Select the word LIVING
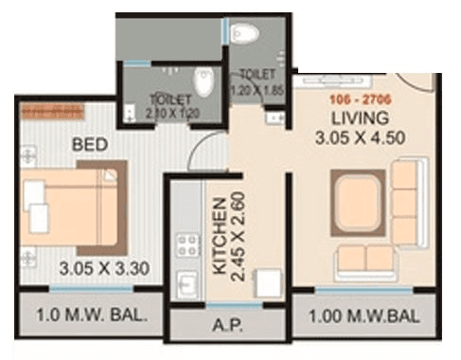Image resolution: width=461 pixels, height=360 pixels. pyautogui.click(x=360, y=118)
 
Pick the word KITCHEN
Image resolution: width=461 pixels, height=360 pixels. pyautogui.click(x=220, y=237)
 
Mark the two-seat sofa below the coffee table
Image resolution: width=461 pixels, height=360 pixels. pyautogui.click(x=365, y=258)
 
